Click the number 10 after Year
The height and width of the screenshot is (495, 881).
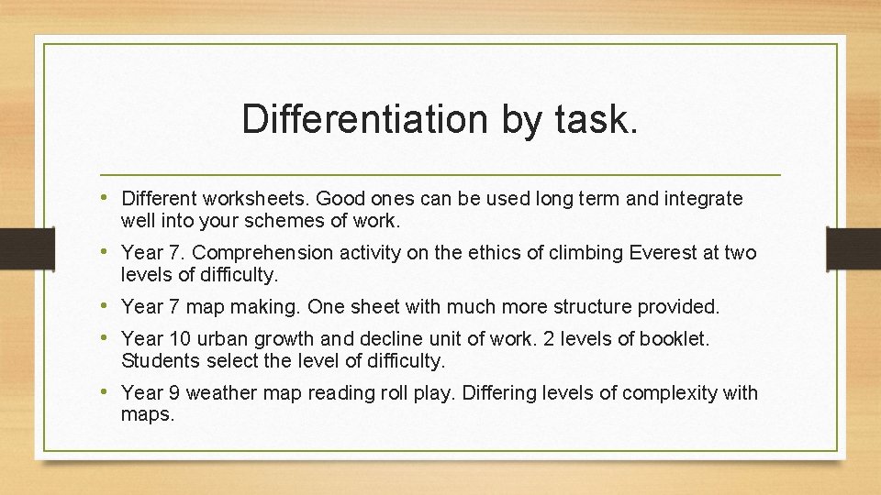point(180,339)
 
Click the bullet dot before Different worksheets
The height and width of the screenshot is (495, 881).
point(108,198)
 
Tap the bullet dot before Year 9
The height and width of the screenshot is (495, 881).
point(108,392)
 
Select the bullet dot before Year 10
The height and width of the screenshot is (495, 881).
point(108,338)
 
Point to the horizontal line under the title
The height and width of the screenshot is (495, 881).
point(440,174)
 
